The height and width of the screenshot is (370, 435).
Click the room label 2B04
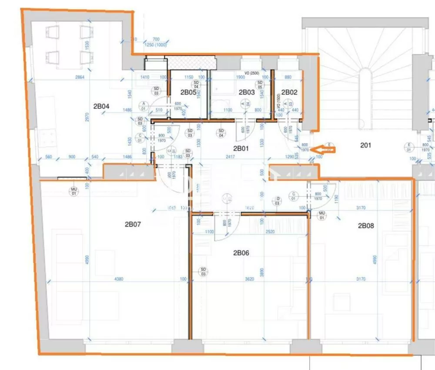[x=101, y=106]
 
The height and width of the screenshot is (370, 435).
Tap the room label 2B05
[x=189, y=92]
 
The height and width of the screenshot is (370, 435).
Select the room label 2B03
[x=247, y=92]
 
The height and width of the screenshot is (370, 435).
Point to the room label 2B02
[x=289, y=92]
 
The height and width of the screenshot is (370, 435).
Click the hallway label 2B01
[x=241, y=148]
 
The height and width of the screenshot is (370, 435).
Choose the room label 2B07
[x=133, y=225]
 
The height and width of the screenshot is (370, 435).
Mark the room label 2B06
[x=241, y=252]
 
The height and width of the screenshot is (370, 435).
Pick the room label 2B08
[x=366, y=225]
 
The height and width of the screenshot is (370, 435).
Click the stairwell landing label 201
[x=366, y=145]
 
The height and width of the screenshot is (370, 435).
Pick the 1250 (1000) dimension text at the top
[x=156, y=45]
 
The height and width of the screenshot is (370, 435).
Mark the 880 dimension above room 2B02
[x=288, y=77]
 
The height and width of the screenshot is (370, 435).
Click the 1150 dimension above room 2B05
[x=188, y=77]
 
